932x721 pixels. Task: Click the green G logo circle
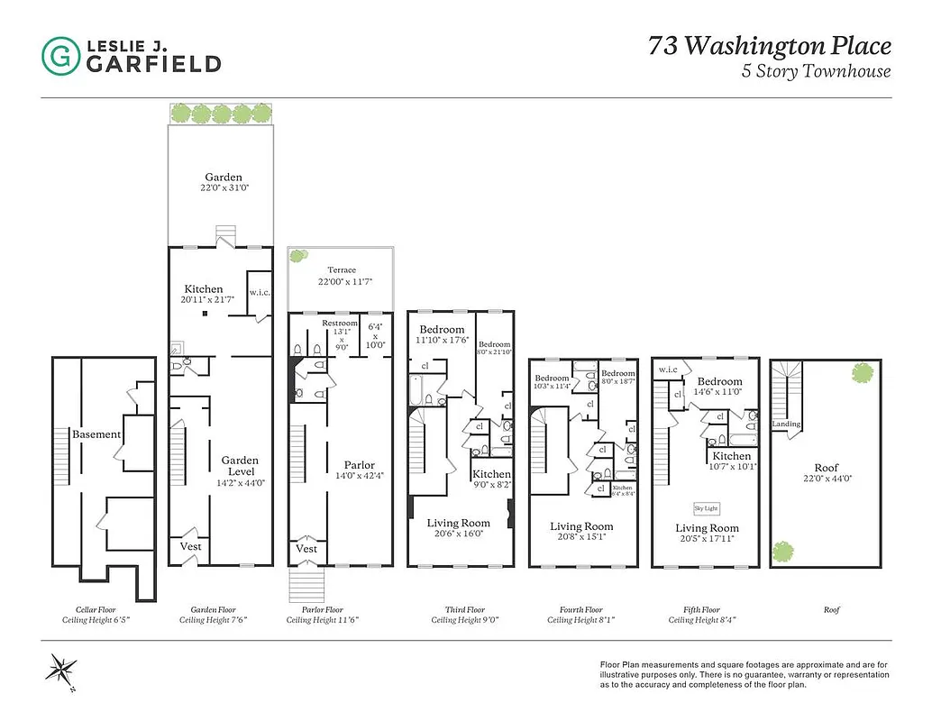60,55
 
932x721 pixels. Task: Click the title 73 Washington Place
769,46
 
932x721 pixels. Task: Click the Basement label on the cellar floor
96,434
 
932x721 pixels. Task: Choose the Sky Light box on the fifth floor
706,507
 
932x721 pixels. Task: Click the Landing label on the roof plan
786,424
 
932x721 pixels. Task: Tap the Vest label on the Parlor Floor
306,548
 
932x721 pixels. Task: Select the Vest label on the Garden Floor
190,546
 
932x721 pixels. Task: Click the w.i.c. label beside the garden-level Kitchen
259,291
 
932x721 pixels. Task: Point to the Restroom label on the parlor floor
340,324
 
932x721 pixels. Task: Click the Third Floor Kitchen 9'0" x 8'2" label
491,479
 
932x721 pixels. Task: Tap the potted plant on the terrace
297,257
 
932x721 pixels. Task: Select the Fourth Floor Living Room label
581,532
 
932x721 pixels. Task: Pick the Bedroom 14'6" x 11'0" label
718,387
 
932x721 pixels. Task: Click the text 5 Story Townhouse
816,71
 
